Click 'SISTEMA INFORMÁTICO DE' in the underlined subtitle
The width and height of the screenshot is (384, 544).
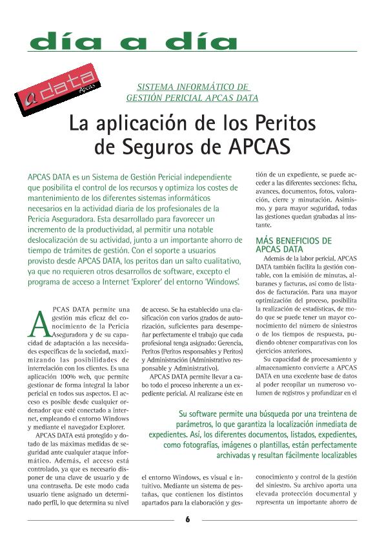pyautogui.click(x=192, y=86)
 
